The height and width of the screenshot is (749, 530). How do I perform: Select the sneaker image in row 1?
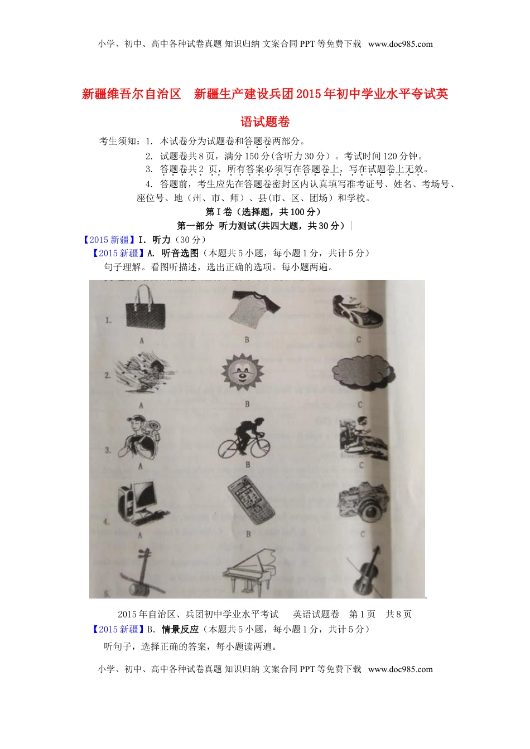[357, 311]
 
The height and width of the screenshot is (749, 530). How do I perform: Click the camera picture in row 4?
[363, 501]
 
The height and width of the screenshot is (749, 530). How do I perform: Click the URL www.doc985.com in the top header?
[400, 44]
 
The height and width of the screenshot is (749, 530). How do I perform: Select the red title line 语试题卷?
[265, 121]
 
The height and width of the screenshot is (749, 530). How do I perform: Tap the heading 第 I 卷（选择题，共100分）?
[263, 212]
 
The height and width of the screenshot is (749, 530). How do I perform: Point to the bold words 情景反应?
[180, 629]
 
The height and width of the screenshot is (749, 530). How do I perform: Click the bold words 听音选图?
[180, 253]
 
